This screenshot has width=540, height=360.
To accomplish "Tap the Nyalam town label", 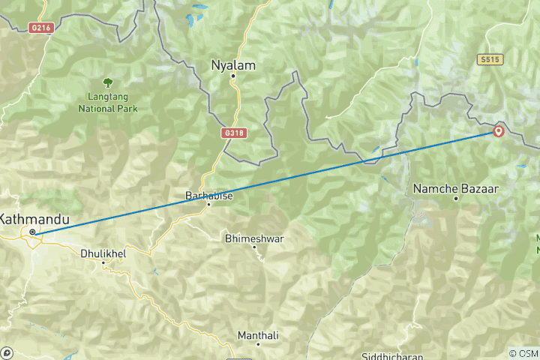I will point(233,66).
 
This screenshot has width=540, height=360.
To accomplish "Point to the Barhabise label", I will point(208,196).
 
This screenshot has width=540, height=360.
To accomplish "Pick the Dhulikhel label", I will point(103,253).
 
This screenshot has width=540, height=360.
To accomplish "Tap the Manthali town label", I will point(258,334).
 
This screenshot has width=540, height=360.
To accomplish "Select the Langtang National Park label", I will point(108,103).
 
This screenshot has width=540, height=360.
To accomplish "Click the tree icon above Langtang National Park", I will point(108,83).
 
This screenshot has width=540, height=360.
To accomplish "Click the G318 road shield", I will point(234,132).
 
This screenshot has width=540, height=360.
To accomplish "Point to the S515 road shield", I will point(490,58).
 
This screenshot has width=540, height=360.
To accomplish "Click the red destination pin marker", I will point(499,132).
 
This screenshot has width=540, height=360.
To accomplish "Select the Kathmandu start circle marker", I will point(32,232).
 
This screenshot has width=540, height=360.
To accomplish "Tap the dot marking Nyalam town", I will point(233,76).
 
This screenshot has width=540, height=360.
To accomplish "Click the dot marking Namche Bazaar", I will point(455,199).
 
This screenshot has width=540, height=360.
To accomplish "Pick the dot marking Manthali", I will point(258,344).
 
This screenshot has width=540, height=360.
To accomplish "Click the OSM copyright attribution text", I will point(523,353).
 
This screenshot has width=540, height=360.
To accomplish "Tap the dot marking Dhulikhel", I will point(103,262).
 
